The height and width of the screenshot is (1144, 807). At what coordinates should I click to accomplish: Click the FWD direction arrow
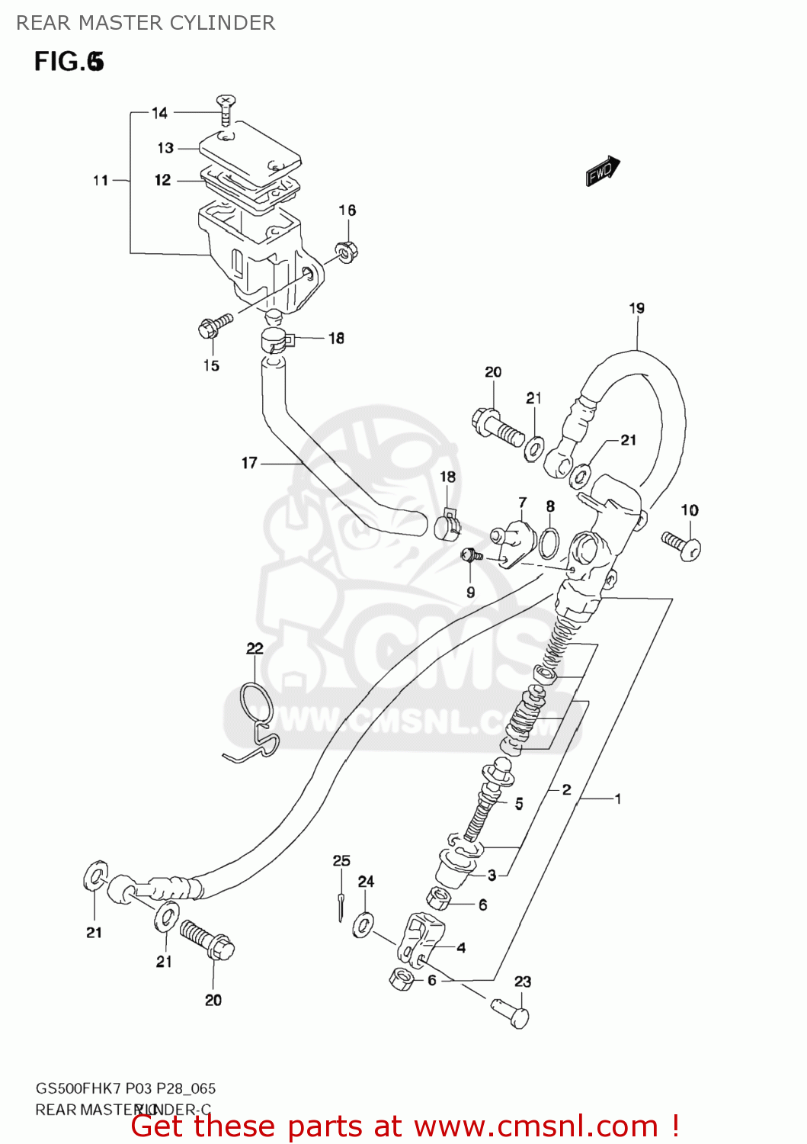tap(603, 172)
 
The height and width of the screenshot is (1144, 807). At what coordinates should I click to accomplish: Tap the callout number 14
tap(159, 113)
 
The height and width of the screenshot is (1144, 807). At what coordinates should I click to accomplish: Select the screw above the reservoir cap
tap(226, 110)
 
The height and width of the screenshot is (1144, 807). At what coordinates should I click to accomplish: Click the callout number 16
tap(347, 210)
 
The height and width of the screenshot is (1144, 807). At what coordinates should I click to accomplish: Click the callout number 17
tap(249, 462)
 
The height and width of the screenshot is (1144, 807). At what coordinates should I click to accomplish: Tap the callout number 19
tap(637, 308)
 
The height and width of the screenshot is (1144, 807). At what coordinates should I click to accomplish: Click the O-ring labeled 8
tap(549, 542)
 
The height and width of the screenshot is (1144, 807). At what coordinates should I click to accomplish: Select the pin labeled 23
tap(511, 1013)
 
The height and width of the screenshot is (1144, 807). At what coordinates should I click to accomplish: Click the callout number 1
tap(618, 799)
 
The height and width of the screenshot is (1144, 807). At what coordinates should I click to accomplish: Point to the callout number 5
tap(519, 803)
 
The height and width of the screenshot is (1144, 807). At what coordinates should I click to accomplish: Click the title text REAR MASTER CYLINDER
tap(146, 23)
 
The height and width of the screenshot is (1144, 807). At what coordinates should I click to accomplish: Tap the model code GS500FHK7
tap(78, 1088)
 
